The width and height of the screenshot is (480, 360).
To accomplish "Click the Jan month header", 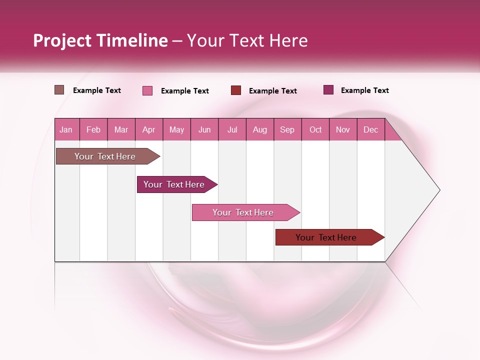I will (66, 130).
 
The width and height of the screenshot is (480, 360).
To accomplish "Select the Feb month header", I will (93, 130).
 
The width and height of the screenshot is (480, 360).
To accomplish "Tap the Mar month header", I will (121, 130).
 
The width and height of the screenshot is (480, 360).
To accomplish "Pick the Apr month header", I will (148, 130).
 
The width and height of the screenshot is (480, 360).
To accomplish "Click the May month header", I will (176, 130).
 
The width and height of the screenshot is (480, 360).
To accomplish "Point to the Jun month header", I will (204, 130).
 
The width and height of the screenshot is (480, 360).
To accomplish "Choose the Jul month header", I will (232, 130).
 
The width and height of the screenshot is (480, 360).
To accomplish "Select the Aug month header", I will (259, 130).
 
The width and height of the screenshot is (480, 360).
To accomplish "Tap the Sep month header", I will (287, 130).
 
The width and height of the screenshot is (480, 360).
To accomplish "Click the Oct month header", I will (315, 130).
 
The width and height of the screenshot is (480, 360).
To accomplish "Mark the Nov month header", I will (343, 130).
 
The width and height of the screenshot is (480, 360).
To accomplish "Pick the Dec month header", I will (370, 130).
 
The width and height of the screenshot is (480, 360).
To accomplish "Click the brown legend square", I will (59, 90).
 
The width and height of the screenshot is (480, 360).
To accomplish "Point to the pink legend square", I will (147, 90).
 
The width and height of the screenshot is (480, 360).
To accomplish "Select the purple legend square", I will (328, 90).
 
